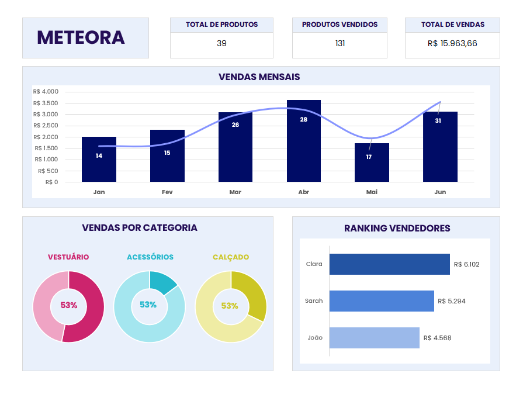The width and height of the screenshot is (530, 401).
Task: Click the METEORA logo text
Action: (x=81, y=37)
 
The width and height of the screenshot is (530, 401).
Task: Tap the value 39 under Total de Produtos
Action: (x=221, y=43)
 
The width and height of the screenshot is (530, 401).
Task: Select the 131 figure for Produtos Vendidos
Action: (x=340, y=43)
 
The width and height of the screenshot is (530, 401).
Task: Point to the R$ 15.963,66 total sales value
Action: (x=452, y=43)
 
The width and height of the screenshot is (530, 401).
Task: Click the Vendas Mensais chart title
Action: (x=259, y=77)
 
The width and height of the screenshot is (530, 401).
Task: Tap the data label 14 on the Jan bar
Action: (x=99, y=155)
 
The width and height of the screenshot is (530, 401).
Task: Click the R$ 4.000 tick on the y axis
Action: (x=46, y=91)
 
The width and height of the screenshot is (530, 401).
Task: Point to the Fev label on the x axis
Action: (x=167, y=192)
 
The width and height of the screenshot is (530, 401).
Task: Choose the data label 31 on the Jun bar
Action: (x=438, y=120)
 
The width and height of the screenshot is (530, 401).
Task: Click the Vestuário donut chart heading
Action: (x=68, y=257)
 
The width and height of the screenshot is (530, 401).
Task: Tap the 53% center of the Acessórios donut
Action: (x=148, y=305)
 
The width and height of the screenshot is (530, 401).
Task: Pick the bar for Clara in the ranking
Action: (x=389, y=264)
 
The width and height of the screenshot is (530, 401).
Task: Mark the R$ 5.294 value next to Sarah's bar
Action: (x=452, y=301)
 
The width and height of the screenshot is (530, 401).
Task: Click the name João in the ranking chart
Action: (x=315, y=338)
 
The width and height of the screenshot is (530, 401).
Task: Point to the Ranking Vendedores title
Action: (x=397, y=228)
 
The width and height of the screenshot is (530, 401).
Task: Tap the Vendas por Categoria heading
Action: (x=140, y=227)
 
